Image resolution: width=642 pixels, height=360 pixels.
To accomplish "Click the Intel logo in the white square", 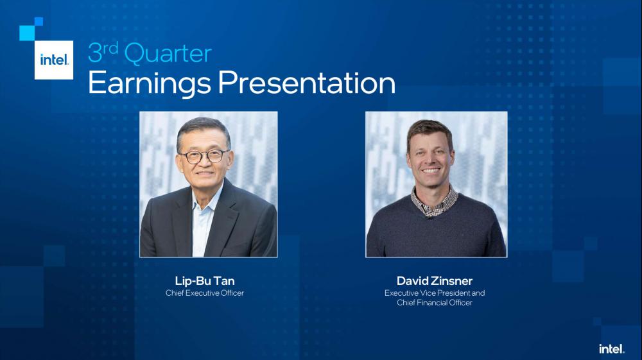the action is point(54,60).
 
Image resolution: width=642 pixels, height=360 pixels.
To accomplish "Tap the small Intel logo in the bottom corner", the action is point(612,348).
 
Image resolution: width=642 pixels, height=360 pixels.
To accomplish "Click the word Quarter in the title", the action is point(168,54).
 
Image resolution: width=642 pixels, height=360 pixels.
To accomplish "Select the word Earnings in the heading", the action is point(150,84).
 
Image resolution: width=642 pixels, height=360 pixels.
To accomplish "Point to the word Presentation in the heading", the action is point(307,83).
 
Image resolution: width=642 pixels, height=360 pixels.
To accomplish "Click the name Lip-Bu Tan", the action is point(205,280).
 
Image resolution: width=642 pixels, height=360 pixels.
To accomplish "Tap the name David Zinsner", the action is point(435,280).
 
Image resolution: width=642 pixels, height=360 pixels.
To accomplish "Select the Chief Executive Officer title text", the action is point(205,293).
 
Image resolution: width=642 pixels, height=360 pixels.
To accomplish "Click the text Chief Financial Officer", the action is point(435,302).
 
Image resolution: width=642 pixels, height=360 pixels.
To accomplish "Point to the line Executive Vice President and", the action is point(435,293).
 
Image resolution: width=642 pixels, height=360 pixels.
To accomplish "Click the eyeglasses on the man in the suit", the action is point(204,157).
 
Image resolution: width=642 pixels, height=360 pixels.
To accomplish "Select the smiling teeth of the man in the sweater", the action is point(431,170).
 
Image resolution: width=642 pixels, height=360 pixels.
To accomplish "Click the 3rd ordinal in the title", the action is point(103,53).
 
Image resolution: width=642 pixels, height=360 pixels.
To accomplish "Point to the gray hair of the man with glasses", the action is point(203,129).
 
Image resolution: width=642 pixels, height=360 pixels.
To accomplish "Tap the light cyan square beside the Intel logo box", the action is point(27,33).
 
